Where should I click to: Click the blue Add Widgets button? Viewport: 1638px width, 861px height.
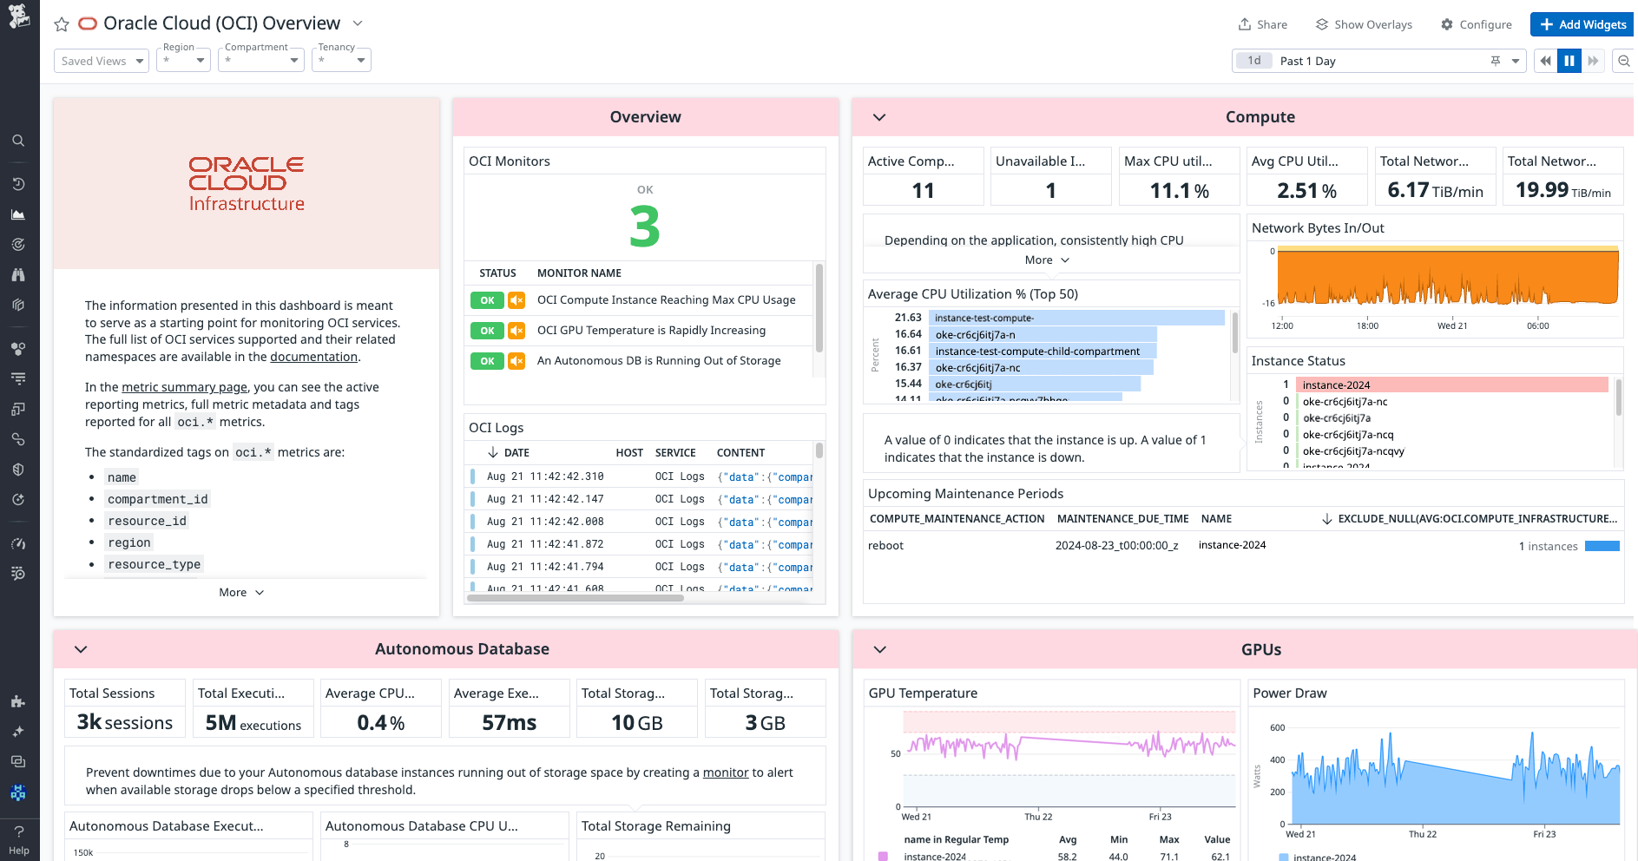(x=1582, y=24)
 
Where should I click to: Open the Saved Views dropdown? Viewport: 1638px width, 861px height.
(x=102, y=61)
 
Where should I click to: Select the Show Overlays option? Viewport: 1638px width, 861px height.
(x=1364, y=24)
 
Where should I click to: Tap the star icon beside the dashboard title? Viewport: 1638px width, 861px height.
(x=62, y=24)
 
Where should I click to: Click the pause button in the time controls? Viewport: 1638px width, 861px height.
(x=1569, y=61)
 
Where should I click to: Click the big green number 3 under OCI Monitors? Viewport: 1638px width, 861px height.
(x=644, y=227)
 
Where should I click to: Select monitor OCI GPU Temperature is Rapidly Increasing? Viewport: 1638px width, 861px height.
(x=651, y=331)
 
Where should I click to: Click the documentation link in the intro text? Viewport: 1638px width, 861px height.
(x=313, y=357)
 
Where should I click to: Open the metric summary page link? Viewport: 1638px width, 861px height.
(x=184, y=387)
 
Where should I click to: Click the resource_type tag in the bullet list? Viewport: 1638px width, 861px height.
(x=155, y=564)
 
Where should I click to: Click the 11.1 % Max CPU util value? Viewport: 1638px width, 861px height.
(x=1179, y=191)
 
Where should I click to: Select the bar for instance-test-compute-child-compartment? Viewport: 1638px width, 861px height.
(x=1042, y=352)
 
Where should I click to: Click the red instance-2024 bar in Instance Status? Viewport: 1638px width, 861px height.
(x=1451, y=384)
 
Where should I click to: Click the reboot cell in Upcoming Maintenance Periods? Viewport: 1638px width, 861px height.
(x=886, y=546)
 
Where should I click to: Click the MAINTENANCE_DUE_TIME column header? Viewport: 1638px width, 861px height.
(x=1122, y=519)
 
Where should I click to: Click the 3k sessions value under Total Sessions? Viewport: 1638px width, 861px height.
(x=125, y=723)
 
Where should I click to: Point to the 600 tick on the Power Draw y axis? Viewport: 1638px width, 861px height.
(x=1278, y=728)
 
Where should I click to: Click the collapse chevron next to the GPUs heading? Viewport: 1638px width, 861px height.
(x=879, y=649)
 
